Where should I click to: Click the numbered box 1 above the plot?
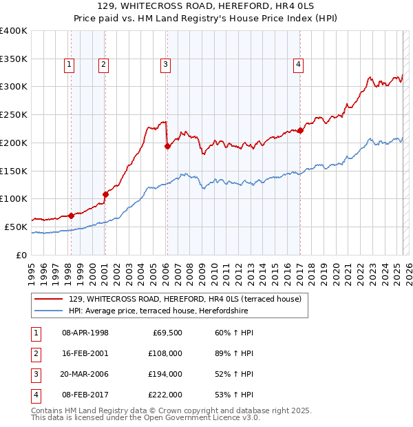(70, 65)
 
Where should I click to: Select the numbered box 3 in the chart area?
(166, 65)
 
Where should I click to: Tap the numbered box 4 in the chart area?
(299, 65)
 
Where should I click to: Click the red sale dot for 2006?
(167, 146)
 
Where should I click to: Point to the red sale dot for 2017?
(300, 130)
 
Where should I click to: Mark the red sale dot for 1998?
(71, 216)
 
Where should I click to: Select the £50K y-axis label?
(17, 227)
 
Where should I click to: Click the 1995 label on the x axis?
(32, 269)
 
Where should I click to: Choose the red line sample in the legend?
(49, 300)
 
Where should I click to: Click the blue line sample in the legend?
(49, 311)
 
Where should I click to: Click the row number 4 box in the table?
(35, 395)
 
